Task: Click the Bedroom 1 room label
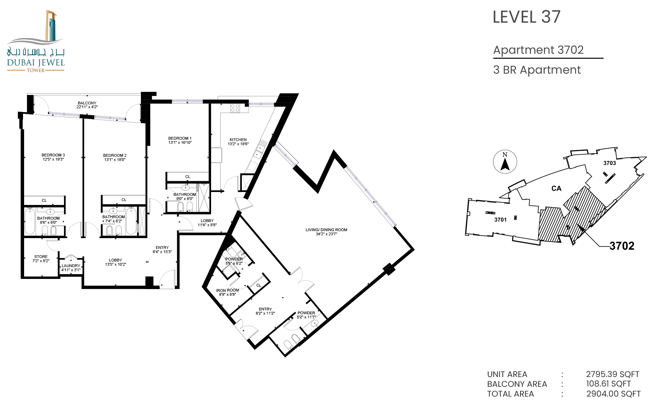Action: pos(180,138)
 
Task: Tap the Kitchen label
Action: pos(238,140)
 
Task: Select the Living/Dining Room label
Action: pos(326,230)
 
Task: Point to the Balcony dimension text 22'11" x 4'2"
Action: pos(87,107)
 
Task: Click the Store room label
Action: pos(41,257)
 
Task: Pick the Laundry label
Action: pos(71,266)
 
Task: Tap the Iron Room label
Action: pos(228,290)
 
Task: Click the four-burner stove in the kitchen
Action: pos(235,108)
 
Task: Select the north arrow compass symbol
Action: pos(505,162)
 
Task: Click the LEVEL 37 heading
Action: pos(526,17)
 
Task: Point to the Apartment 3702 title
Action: pos(538,50)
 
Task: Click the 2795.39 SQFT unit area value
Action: pos(613,374)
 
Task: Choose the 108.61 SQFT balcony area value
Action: pos(608,384)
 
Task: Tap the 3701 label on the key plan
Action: pos(500,220)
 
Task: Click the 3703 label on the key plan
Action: pos(609,163)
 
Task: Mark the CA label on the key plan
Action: pos(556,189)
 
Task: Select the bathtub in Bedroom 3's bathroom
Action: pos(30,221)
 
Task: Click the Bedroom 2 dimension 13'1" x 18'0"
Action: pos(115,160)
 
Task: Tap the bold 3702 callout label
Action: pos(622,246)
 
